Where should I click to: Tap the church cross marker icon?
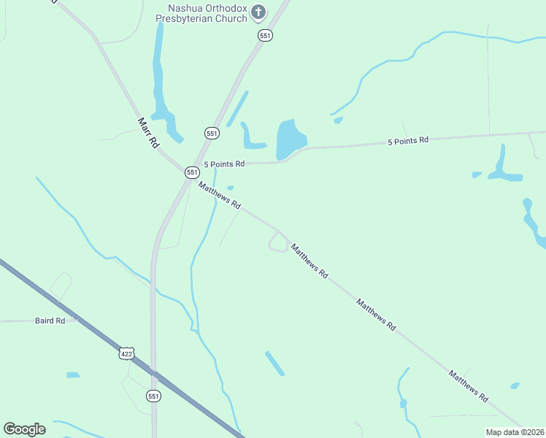258,12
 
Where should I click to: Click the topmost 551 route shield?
265,35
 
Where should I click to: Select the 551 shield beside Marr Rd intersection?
192,172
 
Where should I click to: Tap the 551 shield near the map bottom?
153,396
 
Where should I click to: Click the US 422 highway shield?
127,353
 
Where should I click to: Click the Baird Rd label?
50,320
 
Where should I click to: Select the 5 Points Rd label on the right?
407,140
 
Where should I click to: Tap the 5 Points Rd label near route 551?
224,164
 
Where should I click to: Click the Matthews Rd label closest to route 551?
219,195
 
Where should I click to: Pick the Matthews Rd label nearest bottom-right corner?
468,387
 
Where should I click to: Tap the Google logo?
24,429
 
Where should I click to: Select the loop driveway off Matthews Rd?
277,242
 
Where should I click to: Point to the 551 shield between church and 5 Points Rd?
212,133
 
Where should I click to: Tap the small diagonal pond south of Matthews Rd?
274,363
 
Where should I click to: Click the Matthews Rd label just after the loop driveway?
309,261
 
